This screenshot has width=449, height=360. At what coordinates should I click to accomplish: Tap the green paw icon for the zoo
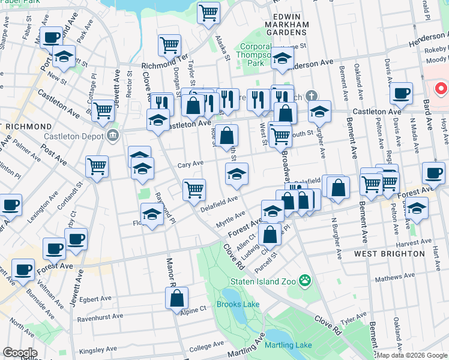click(x=305, y=280)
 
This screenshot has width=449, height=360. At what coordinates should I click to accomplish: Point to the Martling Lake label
click(x=288, y=345)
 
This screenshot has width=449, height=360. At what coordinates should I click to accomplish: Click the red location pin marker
click(x=441, y=90)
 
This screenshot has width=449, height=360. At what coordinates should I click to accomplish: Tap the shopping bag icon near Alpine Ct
click(x=178, y=298)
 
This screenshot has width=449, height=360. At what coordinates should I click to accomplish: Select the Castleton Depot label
click(x=74, y=137)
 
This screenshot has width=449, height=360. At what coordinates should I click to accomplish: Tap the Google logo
click(x=20, y=353)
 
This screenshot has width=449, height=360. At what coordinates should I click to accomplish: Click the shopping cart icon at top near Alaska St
click(x=208, y=12)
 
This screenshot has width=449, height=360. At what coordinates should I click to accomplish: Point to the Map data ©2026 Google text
click(x=412, y=355)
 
